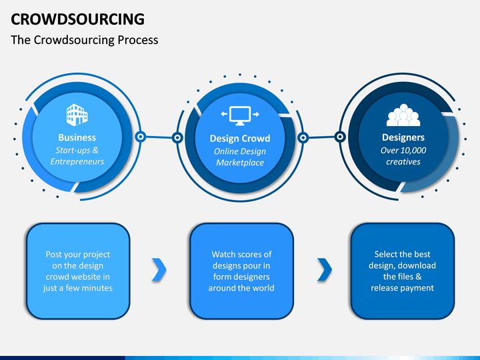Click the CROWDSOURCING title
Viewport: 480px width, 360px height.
pyautogui.click(x=77, y=19)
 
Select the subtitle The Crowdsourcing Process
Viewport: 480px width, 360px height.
pyautogui.click(x=85, y=40)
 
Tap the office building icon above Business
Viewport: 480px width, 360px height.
pyautogui.click(x=77, y=115)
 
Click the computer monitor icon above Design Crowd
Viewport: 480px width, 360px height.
pyautogui.click(x=240, y=115)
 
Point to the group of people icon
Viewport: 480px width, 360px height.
pyautogui.click(x=403, y=115)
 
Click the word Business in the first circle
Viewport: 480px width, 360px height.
pyautogui.click(x=77, y=137)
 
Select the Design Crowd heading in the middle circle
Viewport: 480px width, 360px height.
pyautogui.click(x=240, y=139)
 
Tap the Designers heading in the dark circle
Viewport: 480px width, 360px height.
pyautogui.click(x=403, y=137)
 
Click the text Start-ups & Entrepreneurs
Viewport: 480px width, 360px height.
pyautogui.click(x=77, y=156)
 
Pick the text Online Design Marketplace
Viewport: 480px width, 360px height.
pyautogui.click(x=240, y=157)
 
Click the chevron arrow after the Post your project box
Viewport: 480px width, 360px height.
pyautogui.click(x=159, y=270)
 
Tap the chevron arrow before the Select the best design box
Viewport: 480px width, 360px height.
pyautogui.click(x=325, y=270)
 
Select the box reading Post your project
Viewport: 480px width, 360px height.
pyautogui.click(x=78, y=271)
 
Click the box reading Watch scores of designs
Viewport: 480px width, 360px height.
pyautogui.click(x=241, y=271)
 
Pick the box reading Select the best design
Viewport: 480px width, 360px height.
pyautogui.click(x=403, y=271)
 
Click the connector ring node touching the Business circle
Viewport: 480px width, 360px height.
pyautogui.click(x=141, y=137)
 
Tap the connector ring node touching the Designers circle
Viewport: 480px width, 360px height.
pyautogui.click(x=340, y=137)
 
